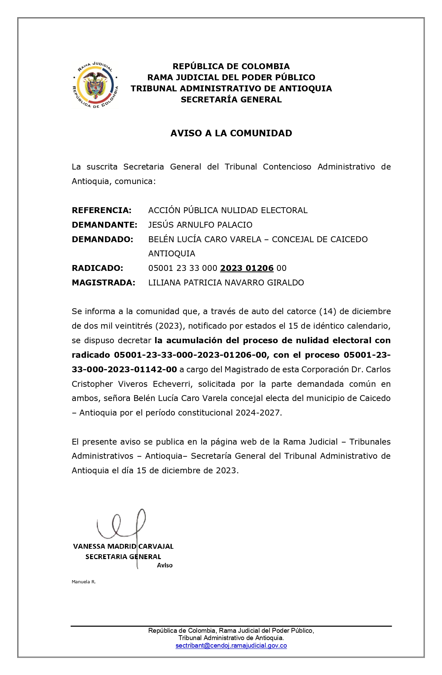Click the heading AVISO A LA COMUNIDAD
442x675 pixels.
[x=231, y=133]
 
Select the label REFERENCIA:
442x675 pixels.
[x=101, y=210]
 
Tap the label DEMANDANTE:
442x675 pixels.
[x=104, y=225]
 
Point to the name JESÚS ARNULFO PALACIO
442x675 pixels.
[x=200, y=225]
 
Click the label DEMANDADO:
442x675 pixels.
[x=102, y=239]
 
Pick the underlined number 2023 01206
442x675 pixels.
[x=247, y=268]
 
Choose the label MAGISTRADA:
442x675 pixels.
[x=103, y=283]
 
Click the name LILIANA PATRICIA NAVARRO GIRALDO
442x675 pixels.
[x=226, y=283]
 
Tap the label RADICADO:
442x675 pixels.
[x=97, y=268]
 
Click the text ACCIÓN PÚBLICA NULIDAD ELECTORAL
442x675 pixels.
[x=228, y=210]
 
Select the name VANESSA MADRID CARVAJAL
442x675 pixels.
[x=123, y=547]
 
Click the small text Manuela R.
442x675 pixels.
[x=83, y=582]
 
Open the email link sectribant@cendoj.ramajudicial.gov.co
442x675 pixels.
[x=231, y=646]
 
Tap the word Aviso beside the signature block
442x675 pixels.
[x=165, y=565]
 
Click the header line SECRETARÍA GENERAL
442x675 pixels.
[x=231, y=100]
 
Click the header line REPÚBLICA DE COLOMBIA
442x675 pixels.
[x=231, y=66]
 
